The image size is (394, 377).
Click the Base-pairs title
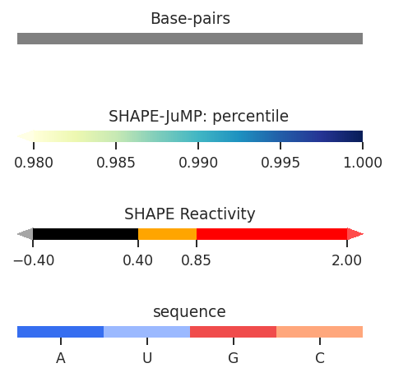pyautogui.click(x=190, y=19)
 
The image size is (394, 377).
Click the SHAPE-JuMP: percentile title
pyautogui.click(x=198, y=117)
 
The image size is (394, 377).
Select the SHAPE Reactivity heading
pyautogui.click(x=190, y=214)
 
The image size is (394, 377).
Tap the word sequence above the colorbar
pyautogui.click(x=189, y=312)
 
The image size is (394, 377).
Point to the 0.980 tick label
pyautogui.click(x=34, y=163)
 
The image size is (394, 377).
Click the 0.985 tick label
pyautogui.click(x=116, y=163)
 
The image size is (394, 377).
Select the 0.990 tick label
pyautogui.click(x=198, y=163)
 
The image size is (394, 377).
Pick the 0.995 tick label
pyautogui.click(x=280, y=163)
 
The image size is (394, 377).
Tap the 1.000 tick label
pyautogui.click(x=363, y=163)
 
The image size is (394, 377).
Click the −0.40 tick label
pyautogui.click(x=34, y=260)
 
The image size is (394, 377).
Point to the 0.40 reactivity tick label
pyautogui.click(x=137, y=260)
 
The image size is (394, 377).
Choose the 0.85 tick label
pyautogui.click(x=196, y=260)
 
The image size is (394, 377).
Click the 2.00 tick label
pyautogui.click(x=346, y=260)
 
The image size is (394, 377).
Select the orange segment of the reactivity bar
pyautogui.click(x=167, y=234)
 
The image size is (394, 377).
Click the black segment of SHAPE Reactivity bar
pyautogui.click(x=86, y=234)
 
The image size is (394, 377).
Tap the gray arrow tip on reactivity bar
pyautogui.click(x=17, y=234)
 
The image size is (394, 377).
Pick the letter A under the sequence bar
pyautogui.click(x=61, y=358)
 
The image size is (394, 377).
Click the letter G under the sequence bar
pyautogui.click(x=234, y=358)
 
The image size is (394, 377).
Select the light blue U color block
pyautogui.click(x=146, y=332)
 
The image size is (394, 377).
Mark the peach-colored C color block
pyautogui.click(x=319, y=332)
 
